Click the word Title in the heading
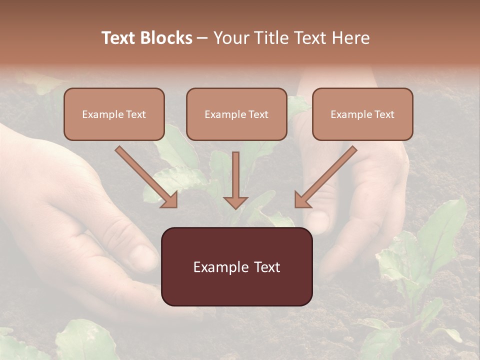[x=268, y=38]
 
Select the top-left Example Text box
[x=114, y=114]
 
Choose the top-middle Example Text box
[x=236, y=114]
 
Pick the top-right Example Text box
[x=362, y=114]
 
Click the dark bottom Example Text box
[x=236, y=267]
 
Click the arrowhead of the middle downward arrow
[x=235, y=202]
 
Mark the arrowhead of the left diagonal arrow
[x=170, y=200]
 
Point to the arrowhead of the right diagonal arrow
[x=302, y=200]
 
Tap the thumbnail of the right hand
[x=318, y=220]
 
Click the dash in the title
[x=202, y=38]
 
